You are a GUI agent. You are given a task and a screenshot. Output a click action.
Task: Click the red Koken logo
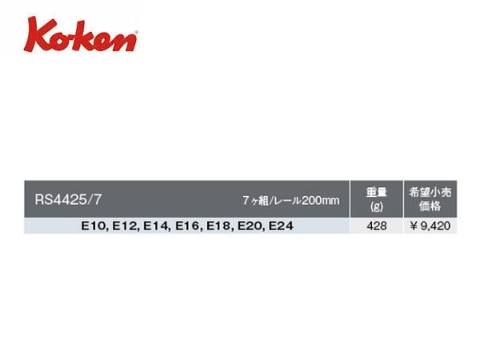[x=81, y=34]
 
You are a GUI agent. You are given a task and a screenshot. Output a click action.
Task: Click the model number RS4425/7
[x=68, y=199]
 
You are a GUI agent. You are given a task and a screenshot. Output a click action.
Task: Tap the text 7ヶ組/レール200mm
[x=291, y=201]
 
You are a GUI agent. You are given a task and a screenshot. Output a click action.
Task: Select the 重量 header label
[x=377, y=192]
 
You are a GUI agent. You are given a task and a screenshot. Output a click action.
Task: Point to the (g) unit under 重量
[x=377, y=206]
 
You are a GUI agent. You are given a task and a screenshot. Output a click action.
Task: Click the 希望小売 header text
[x=430, y=192]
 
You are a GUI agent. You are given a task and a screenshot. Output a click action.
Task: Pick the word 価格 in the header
[x=430, y=206]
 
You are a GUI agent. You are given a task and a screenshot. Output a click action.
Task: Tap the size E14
[x=157, y=226]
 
